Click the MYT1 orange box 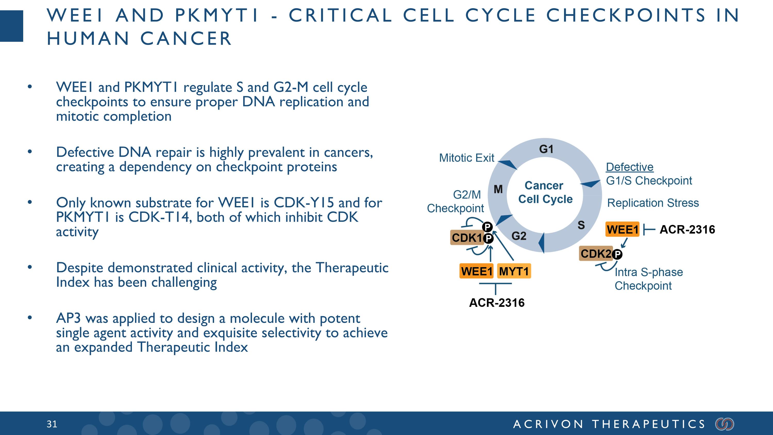tap(514, 271)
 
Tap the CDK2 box tap(596, 254)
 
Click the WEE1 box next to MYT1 tap(476, 271)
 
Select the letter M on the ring tap(498, 189)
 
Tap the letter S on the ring tap(581, 225)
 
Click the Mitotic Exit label tap(467, 158)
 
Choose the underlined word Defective tap(629, 167)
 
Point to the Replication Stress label tap(653, 203)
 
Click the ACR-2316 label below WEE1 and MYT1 tap(497, 303)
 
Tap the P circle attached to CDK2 tap(617, 255)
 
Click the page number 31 tap(52, 424)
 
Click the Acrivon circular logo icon tap(725, 424)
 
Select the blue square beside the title tap(11, 26)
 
